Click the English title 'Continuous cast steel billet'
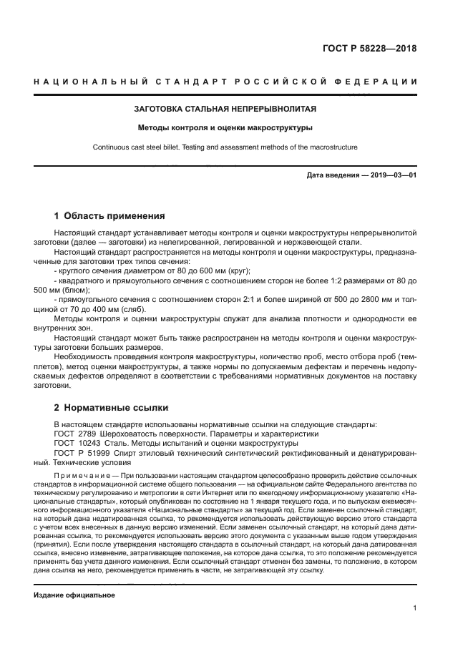[150, 147]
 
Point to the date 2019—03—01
[386, 176]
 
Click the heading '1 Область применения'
[109, 215]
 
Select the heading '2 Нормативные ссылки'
[111, 408]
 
